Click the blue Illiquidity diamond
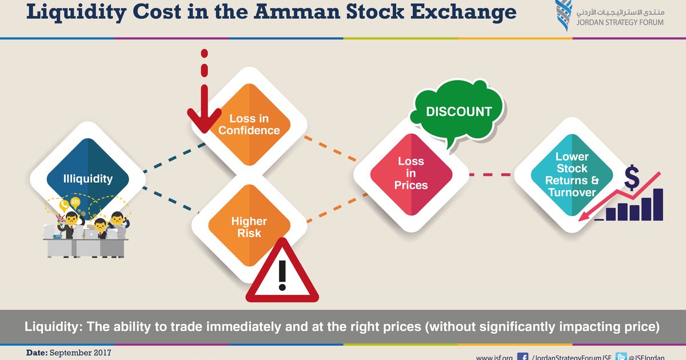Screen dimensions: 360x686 point(88,178)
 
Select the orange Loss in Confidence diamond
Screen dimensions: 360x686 point(249,124)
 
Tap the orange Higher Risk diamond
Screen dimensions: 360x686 point(249,227)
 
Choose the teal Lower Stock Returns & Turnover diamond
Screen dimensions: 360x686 point(572,174)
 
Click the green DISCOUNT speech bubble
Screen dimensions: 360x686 point(458,111)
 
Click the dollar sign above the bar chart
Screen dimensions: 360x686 point(632,178)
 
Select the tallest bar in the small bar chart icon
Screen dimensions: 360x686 point(657,204)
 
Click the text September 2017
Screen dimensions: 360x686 point(81,353)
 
